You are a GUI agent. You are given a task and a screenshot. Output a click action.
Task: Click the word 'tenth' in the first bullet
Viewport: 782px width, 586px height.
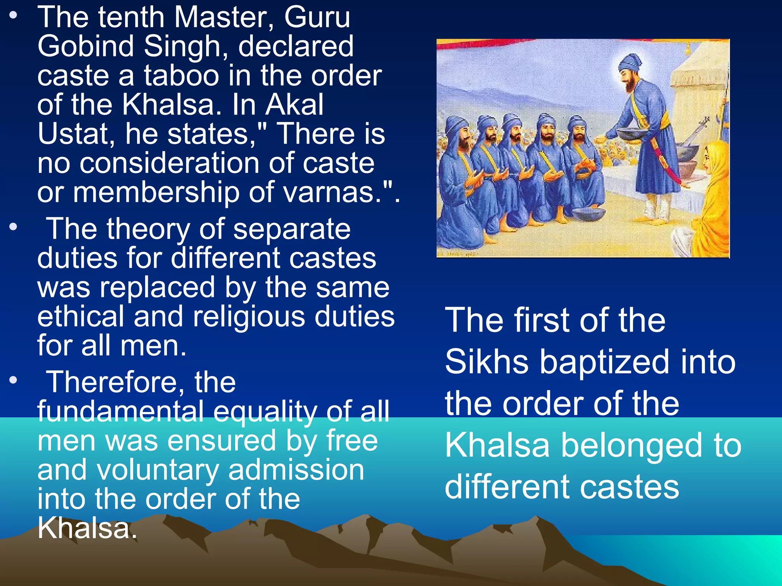(130, 18)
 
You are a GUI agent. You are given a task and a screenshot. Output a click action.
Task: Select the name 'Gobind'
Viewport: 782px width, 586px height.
(86, 47)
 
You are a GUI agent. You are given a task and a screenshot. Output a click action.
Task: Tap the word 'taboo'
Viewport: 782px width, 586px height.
(182, 76)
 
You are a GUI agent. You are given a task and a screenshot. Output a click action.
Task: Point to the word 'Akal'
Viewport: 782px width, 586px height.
(294, 105)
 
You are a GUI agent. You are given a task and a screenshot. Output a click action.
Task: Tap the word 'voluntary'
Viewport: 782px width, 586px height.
(158, 470)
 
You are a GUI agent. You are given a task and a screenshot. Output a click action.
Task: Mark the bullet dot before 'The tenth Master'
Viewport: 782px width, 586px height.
(14, 16)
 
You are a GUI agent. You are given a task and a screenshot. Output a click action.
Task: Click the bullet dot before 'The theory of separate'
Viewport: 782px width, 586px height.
(14, 227)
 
